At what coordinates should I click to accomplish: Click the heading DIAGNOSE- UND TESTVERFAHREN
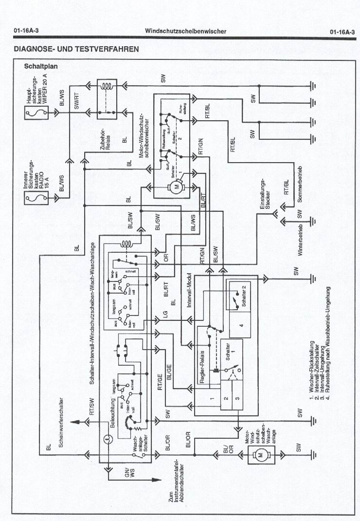pos(76,49)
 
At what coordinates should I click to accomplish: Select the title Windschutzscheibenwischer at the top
pos(185,31)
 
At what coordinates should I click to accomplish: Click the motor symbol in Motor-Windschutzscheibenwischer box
pos(177,186)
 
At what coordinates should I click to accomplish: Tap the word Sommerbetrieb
pos(300,185)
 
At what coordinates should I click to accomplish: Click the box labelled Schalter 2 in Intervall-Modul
pos(240,297)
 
